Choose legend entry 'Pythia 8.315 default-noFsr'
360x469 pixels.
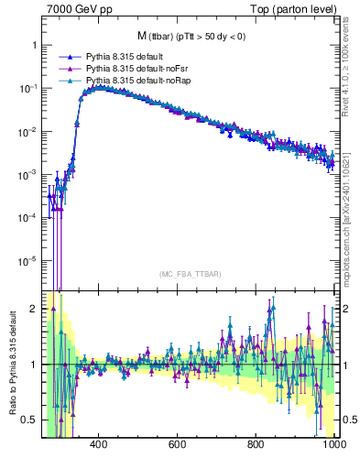[136, 69]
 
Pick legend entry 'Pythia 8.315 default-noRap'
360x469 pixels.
[136, 81]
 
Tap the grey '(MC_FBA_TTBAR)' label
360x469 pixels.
[188, 274]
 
